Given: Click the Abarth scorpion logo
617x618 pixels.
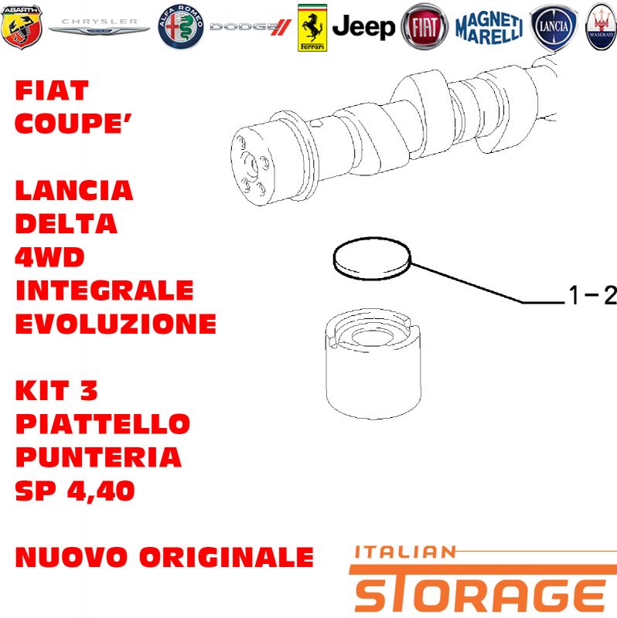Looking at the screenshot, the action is point(22,27).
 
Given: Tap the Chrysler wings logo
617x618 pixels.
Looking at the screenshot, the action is point(99,27).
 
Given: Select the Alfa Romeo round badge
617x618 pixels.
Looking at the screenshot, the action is point(181,27).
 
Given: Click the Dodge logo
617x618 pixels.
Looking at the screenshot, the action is point(250,27).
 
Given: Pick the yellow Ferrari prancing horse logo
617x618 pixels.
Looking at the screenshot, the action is point(312,28).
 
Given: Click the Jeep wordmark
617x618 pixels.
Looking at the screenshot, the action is point(363,27).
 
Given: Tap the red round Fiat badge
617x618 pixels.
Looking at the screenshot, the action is point(424,27).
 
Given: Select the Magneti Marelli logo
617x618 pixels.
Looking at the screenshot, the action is point(489,27).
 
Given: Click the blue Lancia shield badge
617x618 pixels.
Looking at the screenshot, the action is point(554,28).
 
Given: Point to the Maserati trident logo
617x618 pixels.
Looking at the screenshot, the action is point(602,27).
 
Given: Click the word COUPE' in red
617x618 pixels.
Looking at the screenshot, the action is point(73,124).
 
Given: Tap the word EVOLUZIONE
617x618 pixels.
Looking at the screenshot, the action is point(115,324).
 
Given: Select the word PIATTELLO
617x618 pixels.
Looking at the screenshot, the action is point(103,424).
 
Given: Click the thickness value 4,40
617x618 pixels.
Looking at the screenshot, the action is point(101,491).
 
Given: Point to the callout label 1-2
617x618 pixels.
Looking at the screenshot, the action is point(591,295).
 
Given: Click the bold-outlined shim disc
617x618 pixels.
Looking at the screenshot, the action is point(372,259).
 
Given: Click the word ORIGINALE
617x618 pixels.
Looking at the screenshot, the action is point(227,557).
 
